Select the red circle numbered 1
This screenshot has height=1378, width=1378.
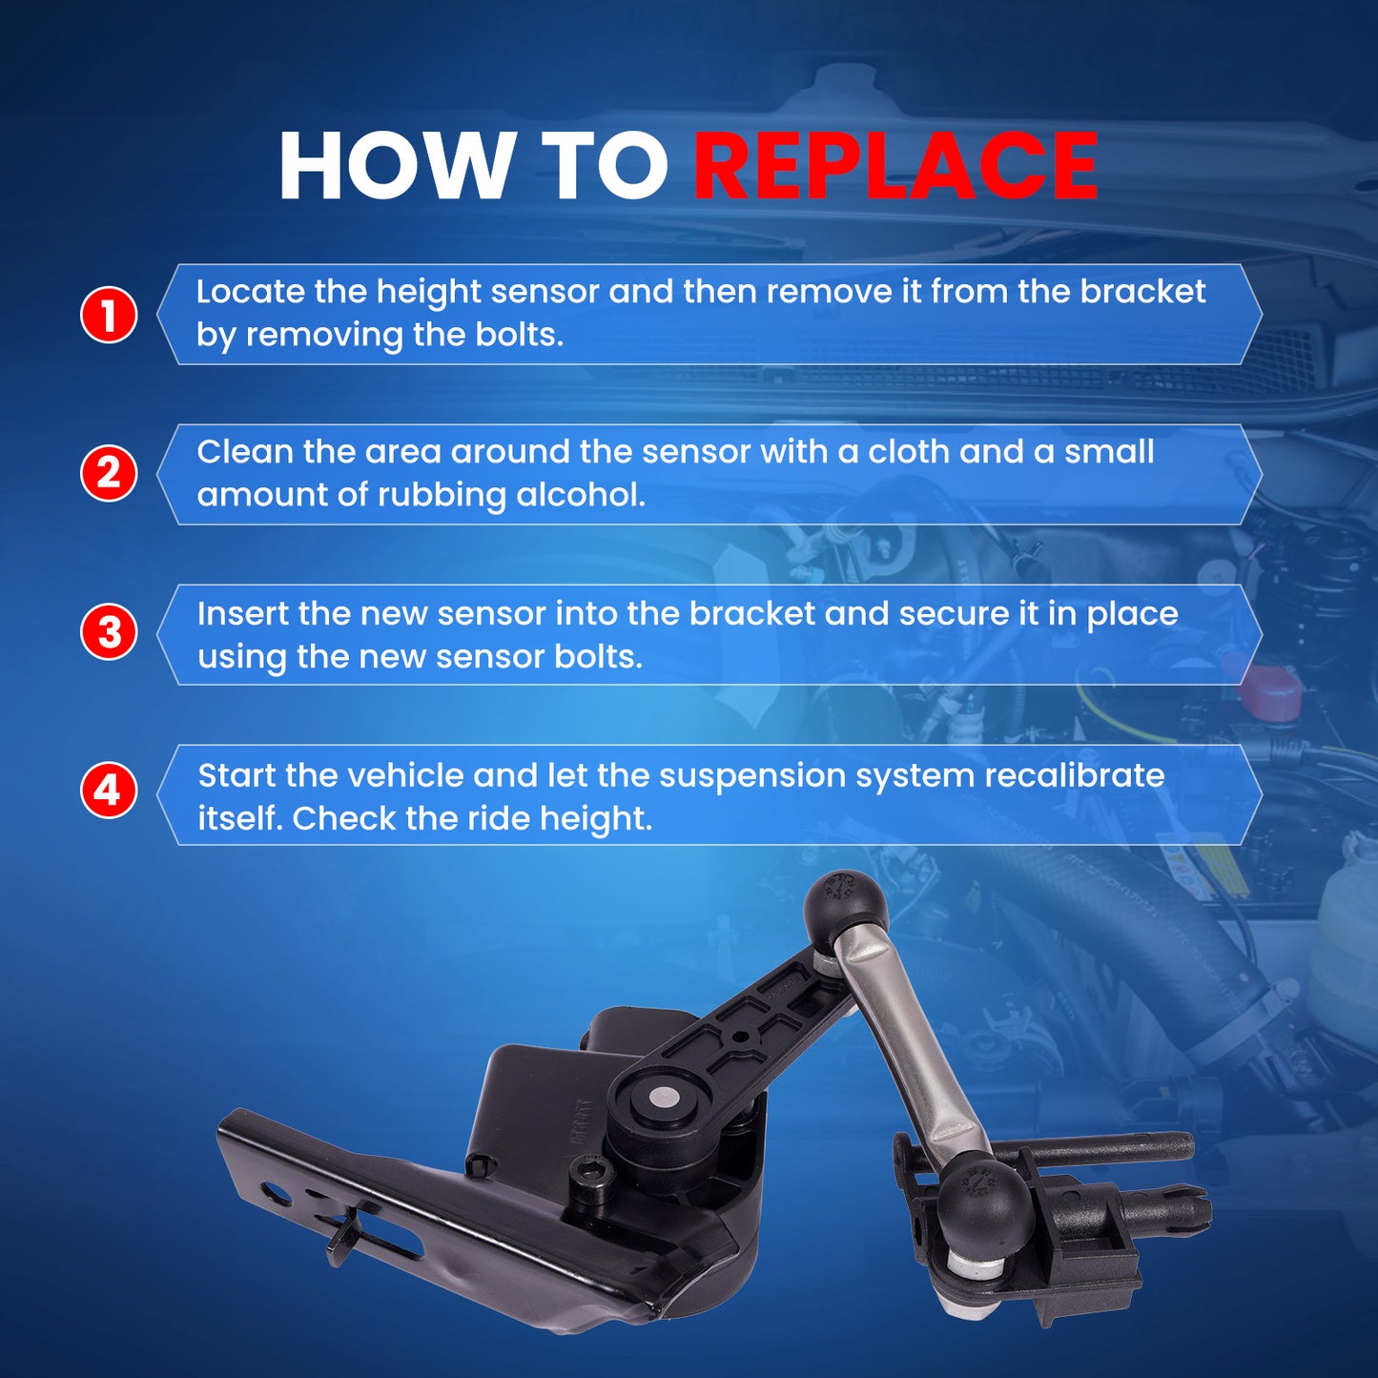[108, 315]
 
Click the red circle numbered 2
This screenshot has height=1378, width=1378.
[108, 474]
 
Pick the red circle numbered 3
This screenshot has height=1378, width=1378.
[108, 633]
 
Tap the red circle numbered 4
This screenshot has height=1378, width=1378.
[108, 792]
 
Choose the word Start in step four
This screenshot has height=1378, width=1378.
[237, 776]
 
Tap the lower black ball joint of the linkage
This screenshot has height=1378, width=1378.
[983, 1205]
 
